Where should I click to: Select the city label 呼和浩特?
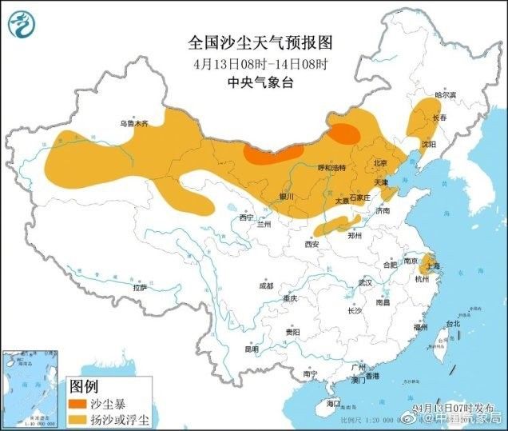click(331, 168)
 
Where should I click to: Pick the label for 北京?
click(380, 163)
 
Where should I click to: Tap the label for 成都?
click(265, 285)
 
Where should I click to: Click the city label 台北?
click(453, 324)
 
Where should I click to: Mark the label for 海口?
click(333, 404)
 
